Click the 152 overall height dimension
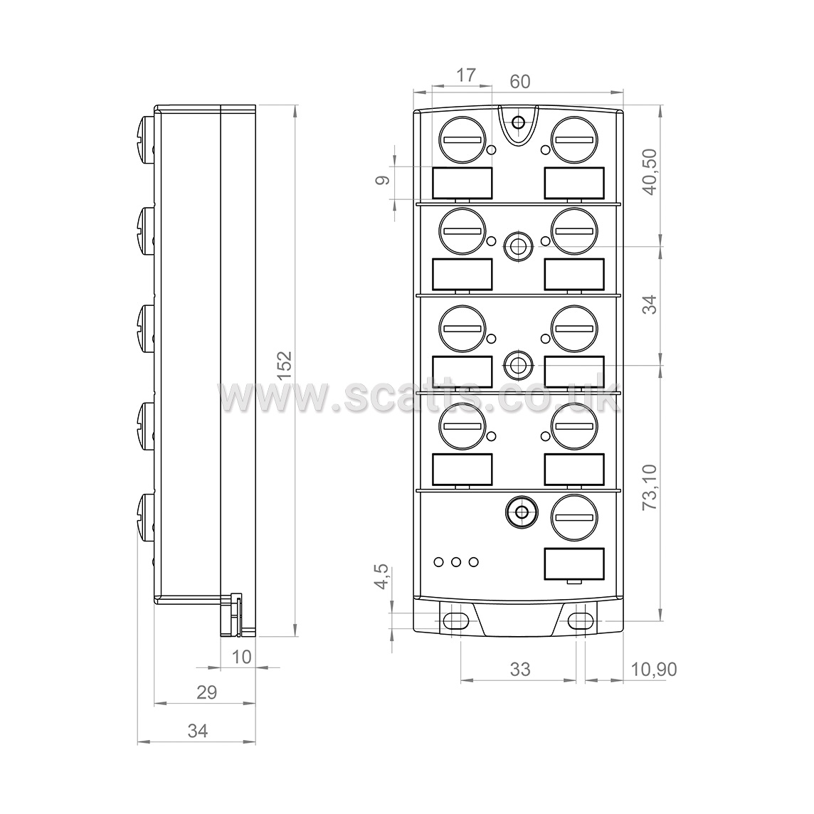point(285,366)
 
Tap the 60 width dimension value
point(519,82)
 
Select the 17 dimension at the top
point(465,75)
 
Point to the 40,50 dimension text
point(650,171)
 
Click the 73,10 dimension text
point(650,487)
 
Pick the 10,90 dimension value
point(654,670)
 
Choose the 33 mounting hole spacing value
point(519,670)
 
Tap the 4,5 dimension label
point(381,576)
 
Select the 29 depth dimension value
point(206,692)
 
